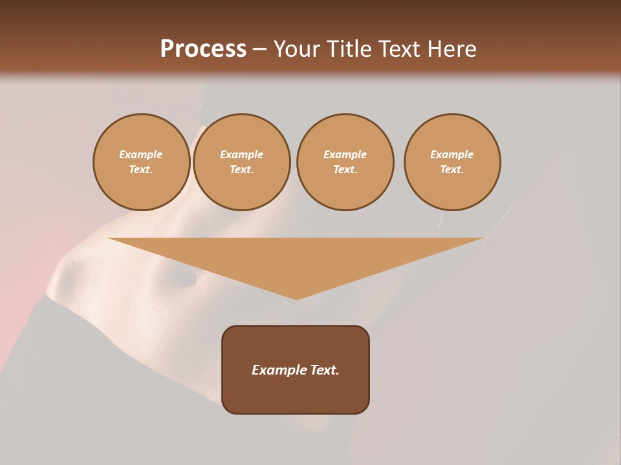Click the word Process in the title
203,48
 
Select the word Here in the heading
452,48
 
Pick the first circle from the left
141,162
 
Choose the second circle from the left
242,162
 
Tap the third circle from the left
345,162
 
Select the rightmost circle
452,162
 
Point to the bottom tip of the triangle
296,299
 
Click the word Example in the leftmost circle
141,154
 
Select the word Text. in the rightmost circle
452,169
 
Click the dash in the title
259,48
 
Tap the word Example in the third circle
345,154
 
